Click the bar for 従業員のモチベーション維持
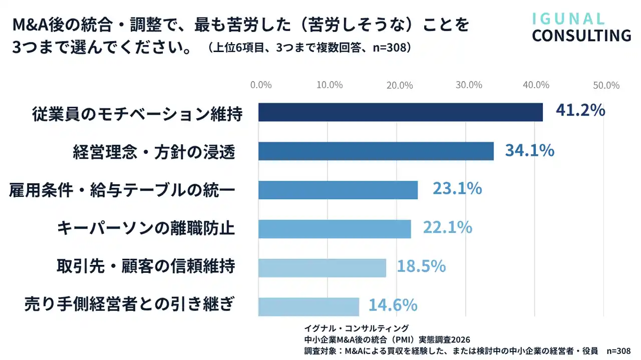(400, 112)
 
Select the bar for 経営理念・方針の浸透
(376, 151)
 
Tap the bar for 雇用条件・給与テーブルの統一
(338, 190)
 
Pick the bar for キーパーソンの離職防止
(335, 229)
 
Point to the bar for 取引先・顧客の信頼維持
(322, 268)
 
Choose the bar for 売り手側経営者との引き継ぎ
(308, 306)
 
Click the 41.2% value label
(580, 111)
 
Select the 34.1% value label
(529, 150)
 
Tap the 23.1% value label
(457, 189)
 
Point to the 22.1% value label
(448, 228)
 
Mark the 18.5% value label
(421, 266)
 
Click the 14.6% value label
(393, 305)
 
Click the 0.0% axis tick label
(261, 85)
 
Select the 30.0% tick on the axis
(469, 85)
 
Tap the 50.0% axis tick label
(606, 85)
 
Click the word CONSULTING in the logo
(581, 36)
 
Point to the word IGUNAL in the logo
(568, 19)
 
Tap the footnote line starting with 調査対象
(467, 351)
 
